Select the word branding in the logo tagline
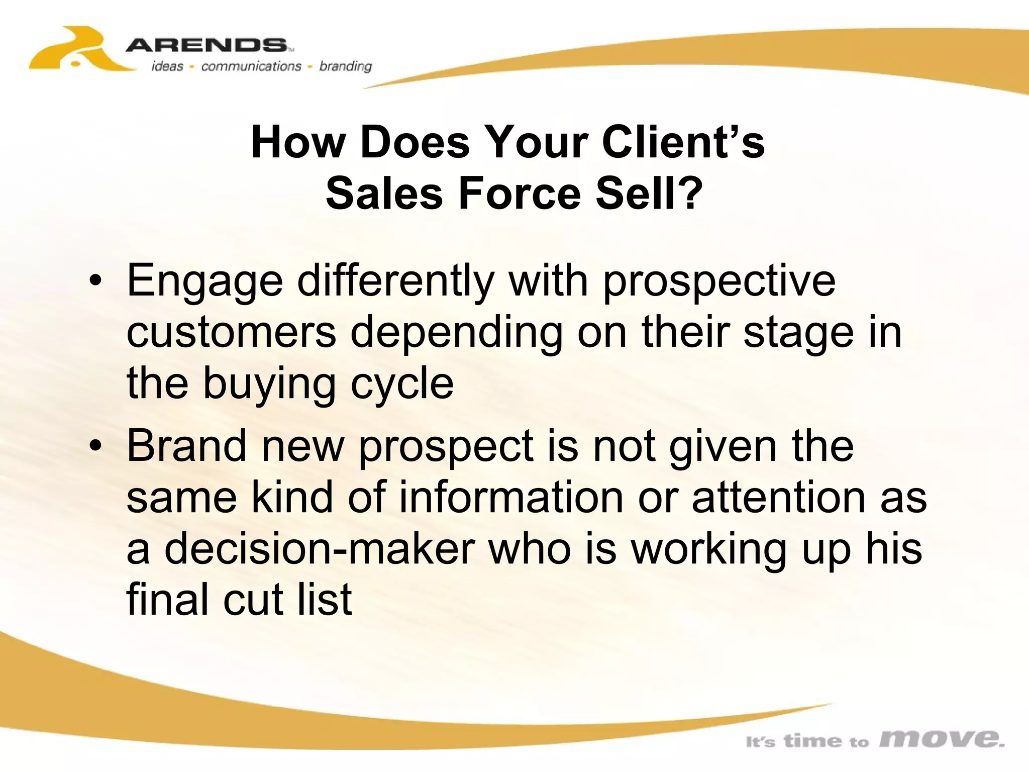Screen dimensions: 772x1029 (x=346, y=66)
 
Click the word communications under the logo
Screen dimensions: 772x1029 (x=251, y=66)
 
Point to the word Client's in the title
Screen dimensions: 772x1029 (x=683, y=142)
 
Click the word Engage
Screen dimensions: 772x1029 (x=205, y=281)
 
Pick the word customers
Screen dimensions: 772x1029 (x=231, y=333)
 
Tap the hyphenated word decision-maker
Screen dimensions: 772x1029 (x=320, y=549)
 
